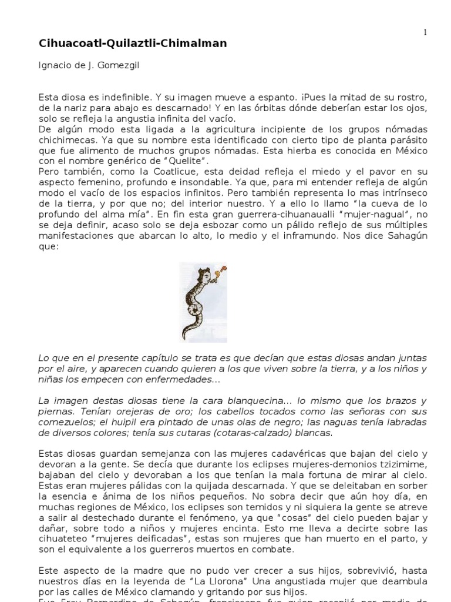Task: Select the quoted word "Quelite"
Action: click(188, 160)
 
